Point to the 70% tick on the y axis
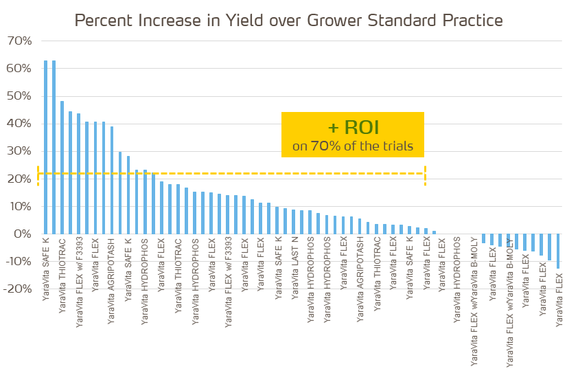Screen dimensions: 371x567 tap(19, 41)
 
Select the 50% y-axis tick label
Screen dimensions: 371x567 tap(19, 96)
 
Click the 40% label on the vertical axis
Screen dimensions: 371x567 tap(19, 124)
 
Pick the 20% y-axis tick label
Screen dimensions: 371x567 tap(19, 179)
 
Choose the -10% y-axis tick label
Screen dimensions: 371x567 tap(17, 261)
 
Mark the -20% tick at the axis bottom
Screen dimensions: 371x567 tap(17, 289)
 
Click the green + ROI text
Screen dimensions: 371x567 tap(352, 128)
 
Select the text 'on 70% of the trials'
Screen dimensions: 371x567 tap(352, 146)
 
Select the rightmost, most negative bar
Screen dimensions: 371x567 tap(558, 251)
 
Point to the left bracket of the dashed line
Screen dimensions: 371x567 tap(38, 175)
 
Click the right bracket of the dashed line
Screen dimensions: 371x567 tap(425, 175)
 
